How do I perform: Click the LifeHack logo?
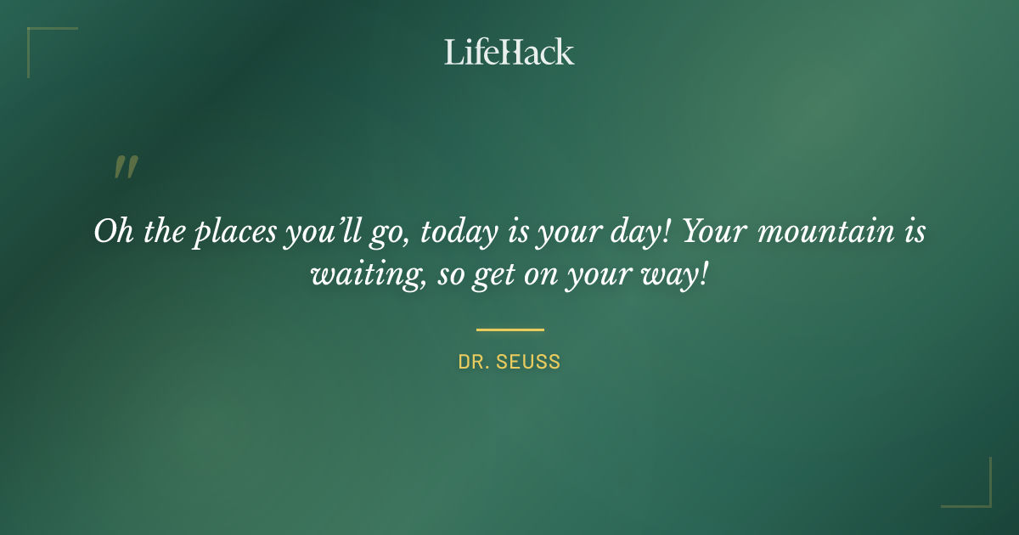click(x=509, y=52)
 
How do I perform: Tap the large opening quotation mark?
click(x=125, y=167)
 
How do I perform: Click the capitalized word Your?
click(x=709, y=232)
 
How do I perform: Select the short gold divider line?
click(x=509, y=329)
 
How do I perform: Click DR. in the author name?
click(x=474, y=362)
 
